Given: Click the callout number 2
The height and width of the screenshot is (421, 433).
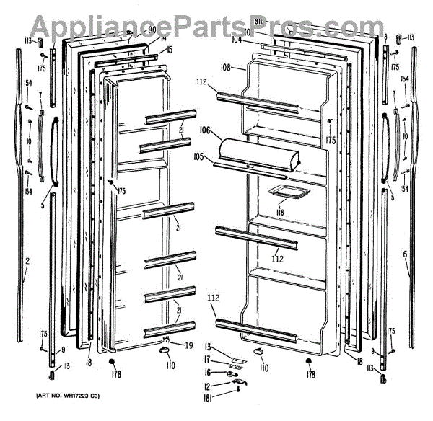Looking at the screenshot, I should pyautogui.click(x=27, y=260).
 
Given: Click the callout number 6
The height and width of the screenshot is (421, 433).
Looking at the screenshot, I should pyautogui.click(x=405, y=254).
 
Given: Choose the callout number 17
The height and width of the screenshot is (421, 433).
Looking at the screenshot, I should pyautogui.click(x=206, y=360).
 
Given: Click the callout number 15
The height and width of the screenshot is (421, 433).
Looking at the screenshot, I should pyautogui.click(x=170, y=50).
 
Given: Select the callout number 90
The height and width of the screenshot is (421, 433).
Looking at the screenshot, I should pyautogui.click(x=152, y=30).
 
